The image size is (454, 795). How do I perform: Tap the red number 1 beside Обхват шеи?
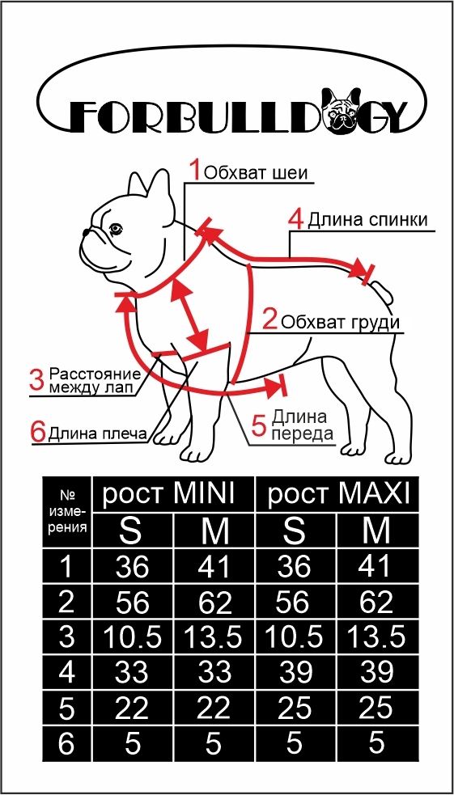click(x=196, y=170)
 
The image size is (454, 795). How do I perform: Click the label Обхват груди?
click(x=341, y=323)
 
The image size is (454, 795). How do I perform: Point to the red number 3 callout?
click(x=37, y=381)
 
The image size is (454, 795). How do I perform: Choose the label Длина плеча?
click(x=97, y=434)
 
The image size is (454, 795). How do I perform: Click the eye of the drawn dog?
click(x=116, y=228)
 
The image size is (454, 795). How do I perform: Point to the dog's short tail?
click(x=383, y=291)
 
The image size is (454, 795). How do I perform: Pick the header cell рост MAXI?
click(x=337, y=494)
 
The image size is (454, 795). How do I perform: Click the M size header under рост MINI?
click(x=214, y=531)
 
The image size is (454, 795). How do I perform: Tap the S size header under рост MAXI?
click(x=295, y=531)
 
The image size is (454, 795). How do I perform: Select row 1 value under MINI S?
click(x=133, y=567)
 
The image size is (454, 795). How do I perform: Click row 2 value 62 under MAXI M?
click(x=376, y=603)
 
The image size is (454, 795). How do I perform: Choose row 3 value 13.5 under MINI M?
click(x=214, y=637)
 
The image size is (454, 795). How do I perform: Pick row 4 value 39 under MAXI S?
click(x=295, y=673)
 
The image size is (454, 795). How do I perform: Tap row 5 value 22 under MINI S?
click(x=133, y=708)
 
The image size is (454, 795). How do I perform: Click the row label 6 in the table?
click(x=66, y=744)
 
